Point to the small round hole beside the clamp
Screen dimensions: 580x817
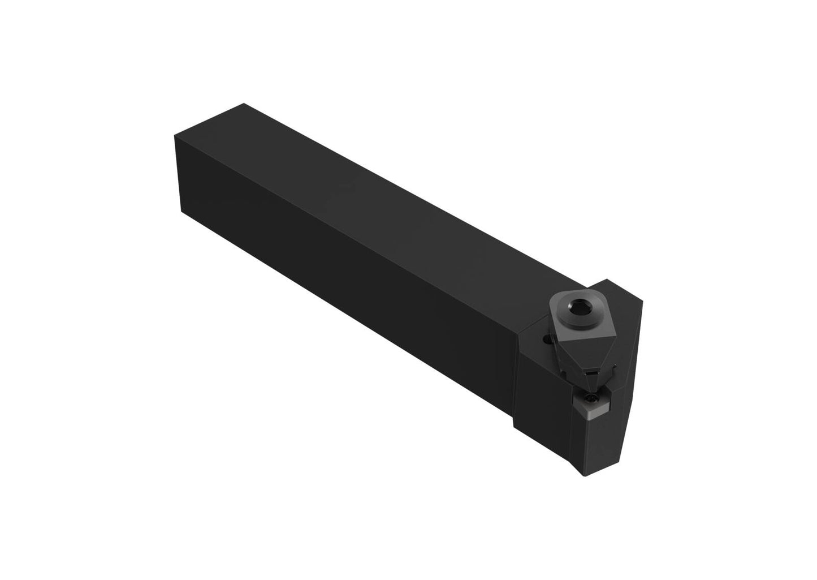(x=546, y=340)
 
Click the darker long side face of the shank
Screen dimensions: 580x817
(x=339, y=283)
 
